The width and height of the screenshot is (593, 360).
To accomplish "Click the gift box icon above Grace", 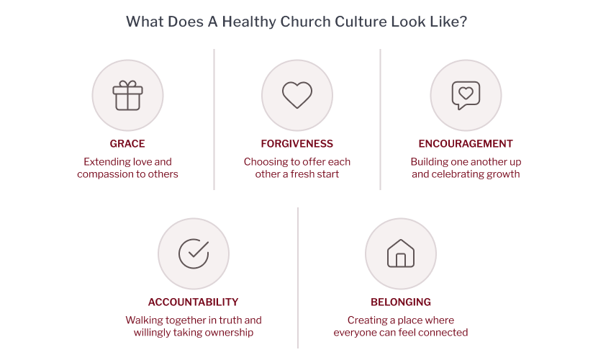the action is [128, 95].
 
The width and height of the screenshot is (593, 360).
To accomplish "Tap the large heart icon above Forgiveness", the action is [297, 95].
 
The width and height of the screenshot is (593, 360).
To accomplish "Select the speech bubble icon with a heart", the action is [466, 95].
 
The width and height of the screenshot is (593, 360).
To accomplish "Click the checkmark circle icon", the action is [194, 253].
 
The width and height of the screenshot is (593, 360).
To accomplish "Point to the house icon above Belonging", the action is [401, 253].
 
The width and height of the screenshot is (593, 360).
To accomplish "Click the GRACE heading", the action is [127, 144].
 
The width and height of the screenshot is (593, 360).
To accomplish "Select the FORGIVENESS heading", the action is [297, 144].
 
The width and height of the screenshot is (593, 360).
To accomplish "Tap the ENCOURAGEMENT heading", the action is [466, 144].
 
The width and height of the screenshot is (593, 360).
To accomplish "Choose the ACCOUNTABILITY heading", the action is [194, 302].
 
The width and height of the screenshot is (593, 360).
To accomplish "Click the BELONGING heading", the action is [401, 302].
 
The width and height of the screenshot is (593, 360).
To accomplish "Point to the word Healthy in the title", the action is [249, 22].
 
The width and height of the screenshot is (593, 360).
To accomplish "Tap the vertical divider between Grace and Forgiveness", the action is [214, 120].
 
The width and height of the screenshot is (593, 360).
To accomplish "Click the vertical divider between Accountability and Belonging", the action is [298, 277].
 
